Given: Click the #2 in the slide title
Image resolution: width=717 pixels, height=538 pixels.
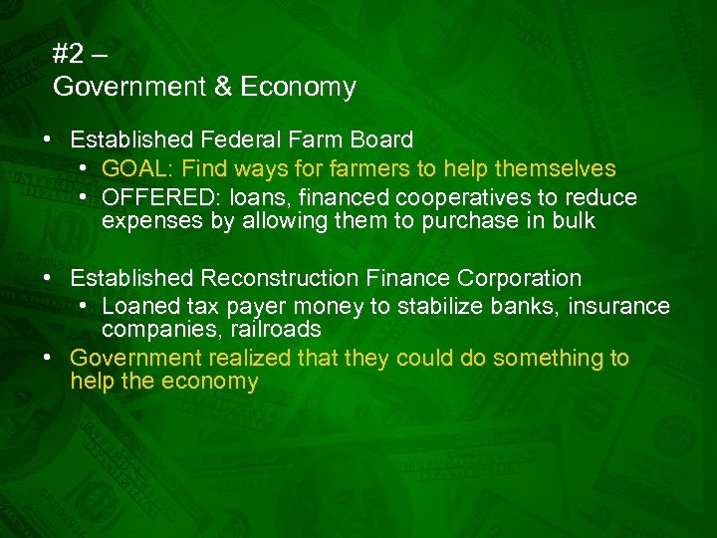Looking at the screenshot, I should click(x=68, y=55).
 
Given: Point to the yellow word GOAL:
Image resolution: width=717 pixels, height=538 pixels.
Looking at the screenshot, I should click(x=133, y=169).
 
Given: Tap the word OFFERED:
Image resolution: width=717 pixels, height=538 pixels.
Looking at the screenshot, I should click(x=148, y=197).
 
